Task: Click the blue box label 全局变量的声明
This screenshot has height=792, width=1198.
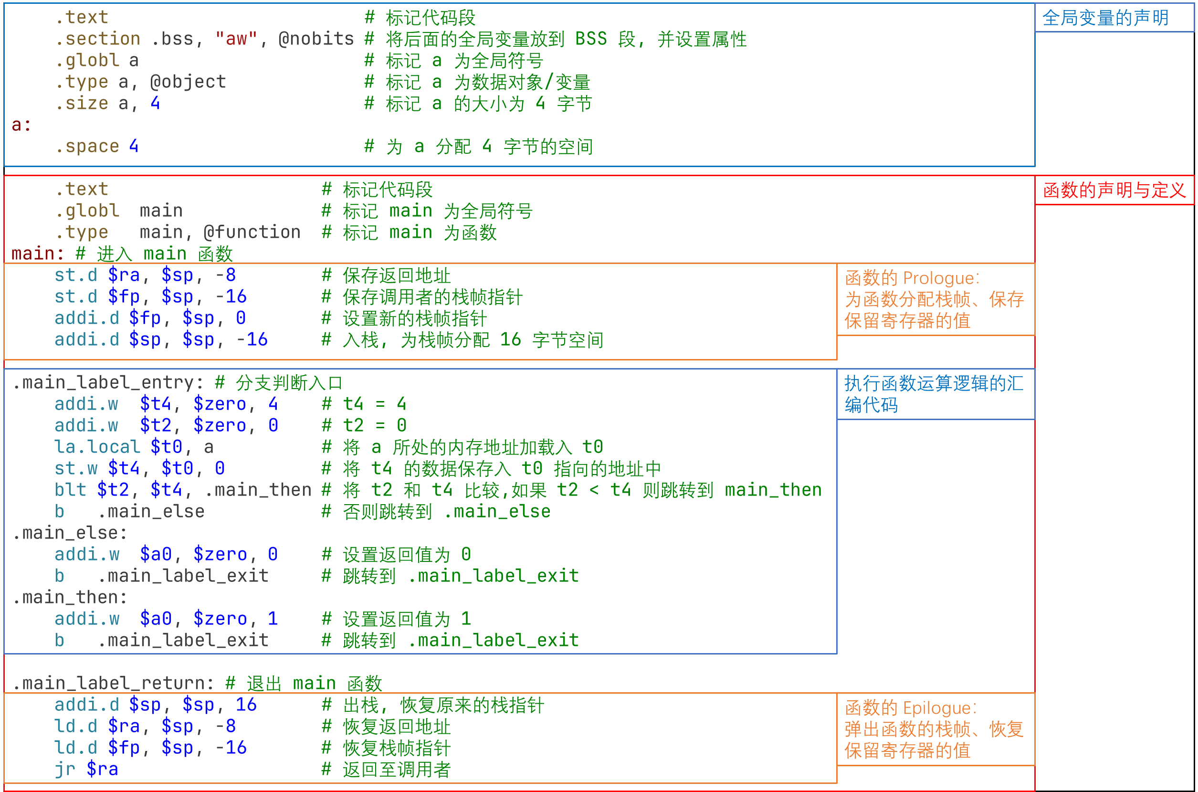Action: (1105, 18)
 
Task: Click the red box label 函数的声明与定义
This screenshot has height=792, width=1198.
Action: (1114, 190)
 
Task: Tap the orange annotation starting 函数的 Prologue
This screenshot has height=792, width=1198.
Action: (935, 299)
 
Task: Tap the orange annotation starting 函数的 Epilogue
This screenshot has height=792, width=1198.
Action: (934, 729)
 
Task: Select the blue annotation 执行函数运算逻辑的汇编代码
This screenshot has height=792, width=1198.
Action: (934, 394)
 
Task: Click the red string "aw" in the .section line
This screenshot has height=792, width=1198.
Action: (236, 39)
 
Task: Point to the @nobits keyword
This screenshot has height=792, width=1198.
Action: (316, 39)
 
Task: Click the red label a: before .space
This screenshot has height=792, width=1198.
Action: (21, 125)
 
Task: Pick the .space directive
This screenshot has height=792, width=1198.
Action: (87, 147)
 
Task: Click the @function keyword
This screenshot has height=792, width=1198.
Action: (252, 232)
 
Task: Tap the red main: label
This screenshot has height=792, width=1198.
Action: (38, 253)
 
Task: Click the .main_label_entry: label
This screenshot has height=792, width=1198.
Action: (108, 383)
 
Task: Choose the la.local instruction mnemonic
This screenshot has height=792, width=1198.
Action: (97, 447)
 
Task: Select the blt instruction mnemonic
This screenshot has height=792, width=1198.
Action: (70, 490)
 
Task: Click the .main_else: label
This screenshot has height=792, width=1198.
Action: (70, 533)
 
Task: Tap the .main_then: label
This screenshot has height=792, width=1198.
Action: (70, 598)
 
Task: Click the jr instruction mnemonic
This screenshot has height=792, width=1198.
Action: (64, 769)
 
